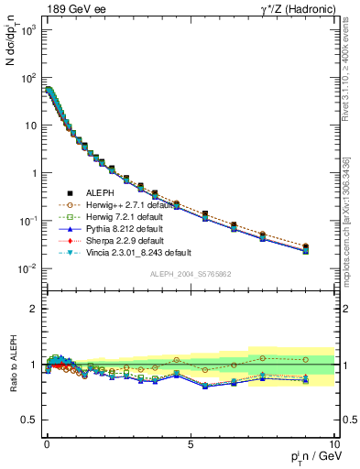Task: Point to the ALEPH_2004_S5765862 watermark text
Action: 191,274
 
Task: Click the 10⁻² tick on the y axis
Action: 29,268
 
